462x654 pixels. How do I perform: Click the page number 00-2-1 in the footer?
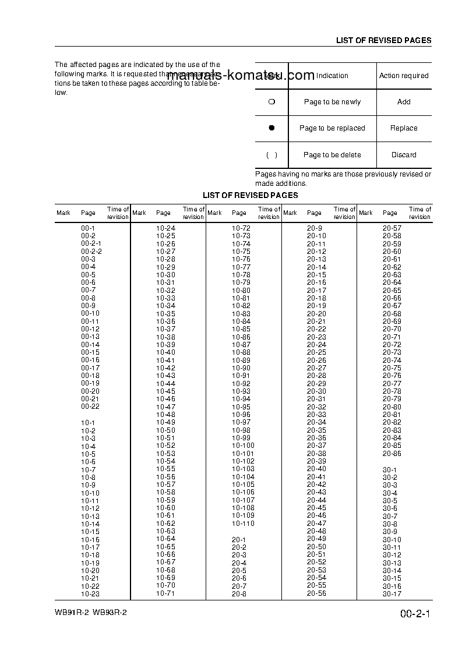tap(415, 614)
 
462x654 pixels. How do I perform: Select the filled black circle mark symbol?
tap(271, 128)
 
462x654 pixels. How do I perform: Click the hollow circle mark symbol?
tap(271, 102)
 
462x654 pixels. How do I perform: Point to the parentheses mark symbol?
tap(271, 155)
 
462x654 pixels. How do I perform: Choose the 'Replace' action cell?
tap(404, 128)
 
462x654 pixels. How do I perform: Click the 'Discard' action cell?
tap(404, 155)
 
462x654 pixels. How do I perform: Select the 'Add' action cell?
tap(404, 102)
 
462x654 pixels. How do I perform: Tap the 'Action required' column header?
tap(404, 76)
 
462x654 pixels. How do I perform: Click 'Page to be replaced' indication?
tap(332, 128)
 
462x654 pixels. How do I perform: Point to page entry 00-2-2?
tap(91, 251)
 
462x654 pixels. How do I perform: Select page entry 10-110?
tap(243, 524)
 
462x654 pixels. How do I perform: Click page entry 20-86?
tap(392, 453)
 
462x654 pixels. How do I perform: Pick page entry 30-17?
tap(392, 594)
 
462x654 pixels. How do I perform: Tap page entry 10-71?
tap(165, 593)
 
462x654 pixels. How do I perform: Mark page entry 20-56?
tap(316, 593)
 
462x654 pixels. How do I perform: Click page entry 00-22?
tap(90, 406)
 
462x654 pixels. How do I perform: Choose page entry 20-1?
tap(239, 540)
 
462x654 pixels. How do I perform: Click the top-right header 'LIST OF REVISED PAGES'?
tap(383, 41)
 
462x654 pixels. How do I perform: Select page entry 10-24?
tap(165, 228)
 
